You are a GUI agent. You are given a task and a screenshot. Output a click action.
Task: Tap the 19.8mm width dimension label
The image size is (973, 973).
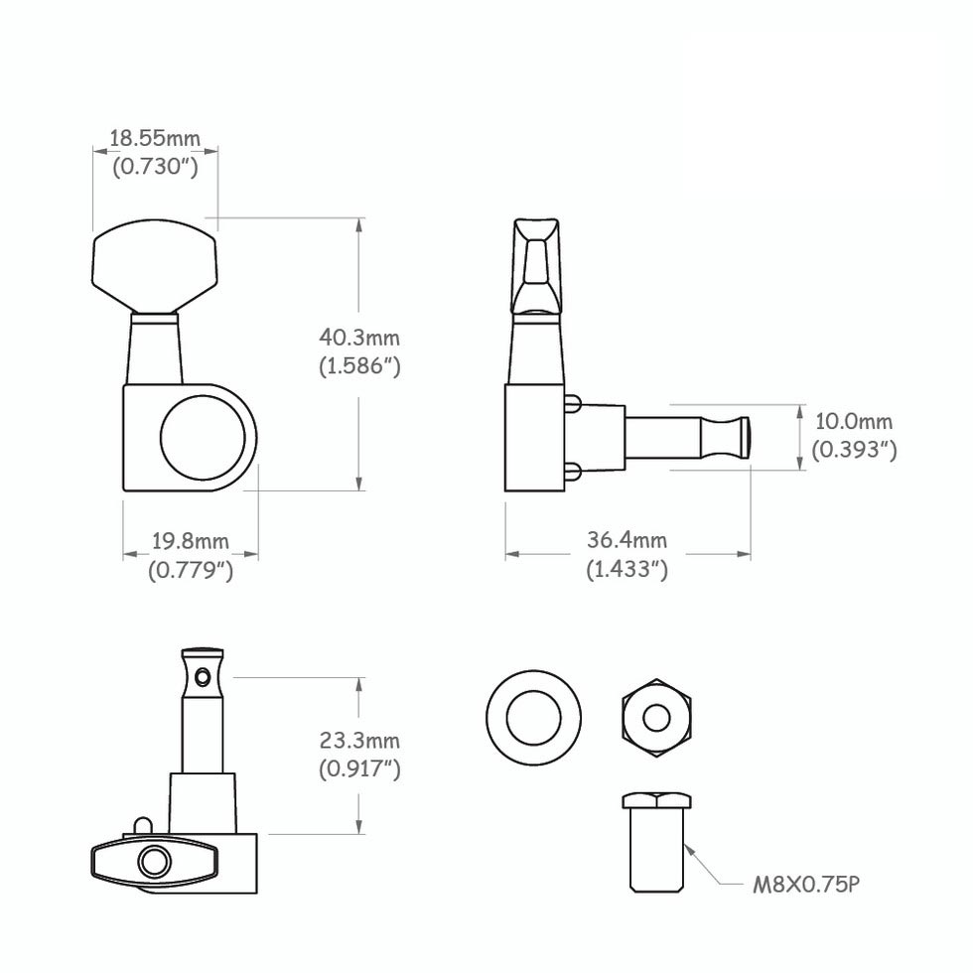[x=190, y=541]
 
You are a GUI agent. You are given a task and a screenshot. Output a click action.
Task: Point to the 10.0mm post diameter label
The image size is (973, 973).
[x=853, y=423]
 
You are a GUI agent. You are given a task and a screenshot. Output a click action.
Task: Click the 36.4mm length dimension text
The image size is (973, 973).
[x=626, y=540]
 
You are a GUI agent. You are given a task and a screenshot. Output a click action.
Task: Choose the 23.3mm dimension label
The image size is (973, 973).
[x=359, y=741]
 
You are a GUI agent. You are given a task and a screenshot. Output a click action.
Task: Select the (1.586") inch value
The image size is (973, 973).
[x=358, y=366]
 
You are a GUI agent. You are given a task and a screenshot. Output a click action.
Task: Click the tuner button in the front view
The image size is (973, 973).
[x=155, y=263]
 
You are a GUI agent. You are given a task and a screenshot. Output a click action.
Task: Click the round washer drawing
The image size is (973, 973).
[x=533, y=717]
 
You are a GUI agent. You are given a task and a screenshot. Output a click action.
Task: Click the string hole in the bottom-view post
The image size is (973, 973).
[x=204, y=677]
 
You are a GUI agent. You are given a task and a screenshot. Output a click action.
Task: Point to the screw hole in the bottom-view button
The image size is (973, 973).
[x=154, y=861]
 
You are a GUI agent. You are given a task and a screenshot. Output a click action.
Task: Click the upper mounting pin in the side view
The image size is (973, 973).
[x=573, y=402]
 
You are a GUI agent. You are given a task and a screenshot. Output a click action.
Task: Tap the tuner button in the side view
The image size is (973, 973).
[x=537, y=263]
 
